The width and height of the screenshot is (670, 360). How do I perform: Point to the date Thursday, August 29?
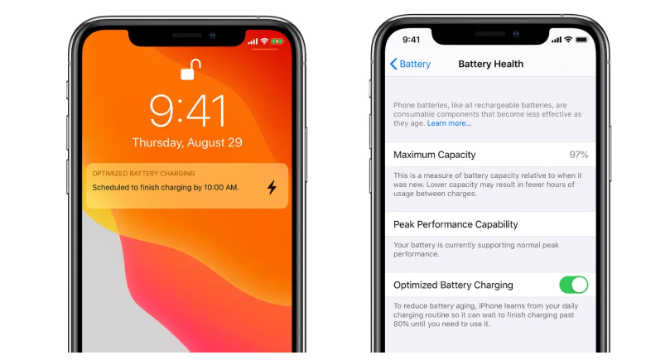(187, 142)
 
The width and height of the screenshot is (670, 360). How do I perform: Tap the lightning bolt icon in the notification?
(272, 187)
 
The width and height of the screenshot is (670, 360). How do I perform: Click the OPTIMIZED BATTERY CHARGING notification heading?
(143, 174)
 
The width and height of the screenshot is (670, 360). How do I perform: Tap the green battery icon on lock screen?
(277, 41)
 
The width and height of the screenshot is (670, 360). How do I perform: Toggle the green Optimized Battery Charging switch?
(573, 285)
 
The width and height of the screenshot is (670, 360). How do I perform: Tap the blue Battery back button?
(410, 65)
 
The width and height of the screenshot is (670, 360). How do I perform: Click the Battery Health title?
(490, 65)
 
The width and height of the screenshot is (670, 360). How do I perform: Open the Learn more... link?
(449, 123)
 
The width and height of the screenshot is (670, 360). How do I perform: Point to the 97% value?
(578, 155)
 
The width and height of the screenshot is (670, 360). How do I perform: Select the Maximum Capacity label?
(434, 155)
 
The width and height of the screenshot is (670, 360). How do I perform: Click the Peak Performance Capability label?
(456, 224)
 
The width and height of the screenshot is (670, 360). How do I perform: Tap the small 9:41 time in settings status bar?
(412, 40)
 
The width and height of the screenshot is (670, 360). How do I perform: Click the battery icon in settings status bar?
(581, 40)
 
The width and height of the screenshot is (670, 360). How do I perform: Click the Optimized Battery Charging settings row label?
(453, 285)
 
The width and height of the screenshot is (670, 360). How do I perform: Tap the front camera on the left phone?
(213, 36)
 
